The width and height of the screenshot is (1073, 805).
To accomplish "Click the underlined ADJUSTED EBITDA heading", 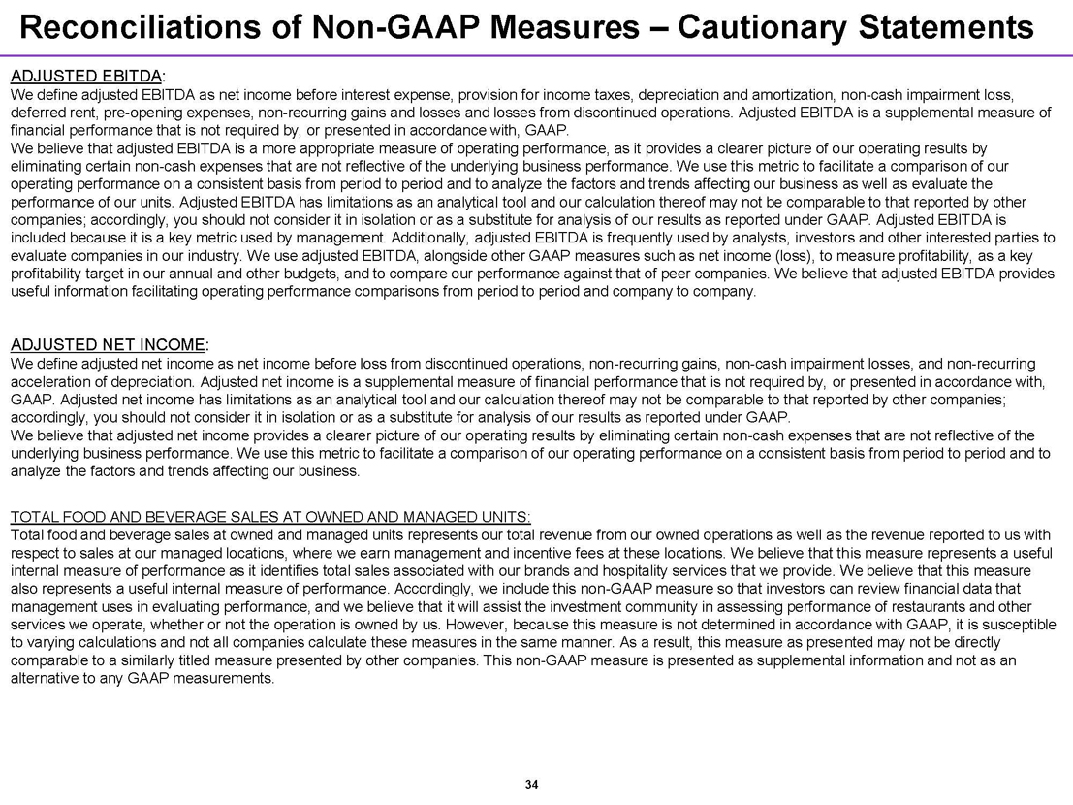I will coord(85,75).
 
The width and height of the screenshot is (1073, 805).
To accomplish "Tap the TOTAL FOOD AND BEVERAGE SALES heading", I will coord(269,515).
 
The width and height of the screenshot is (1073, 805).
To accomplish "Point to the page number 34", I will coord(530,784).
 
